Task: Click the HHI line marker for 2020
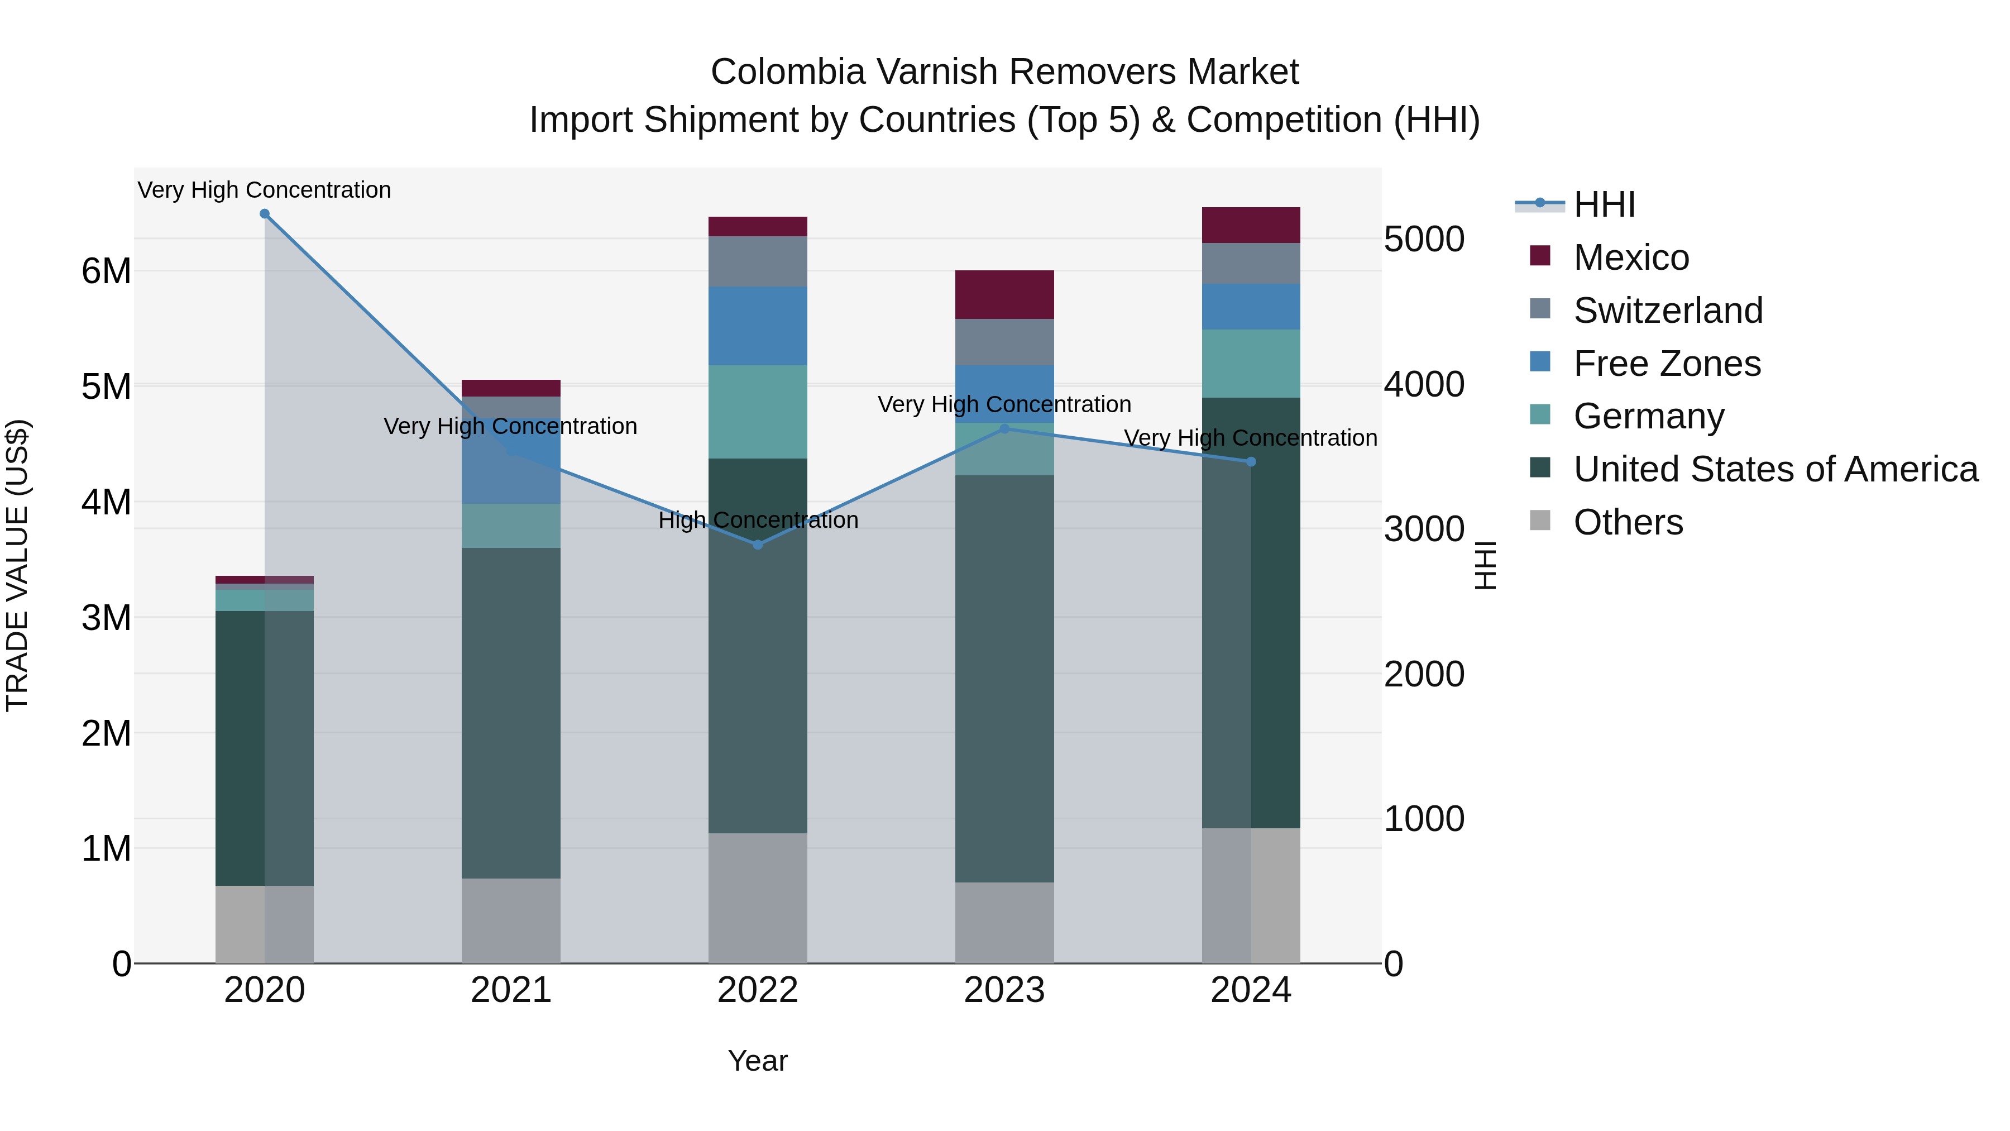pyautogui.click(x=265, y=214)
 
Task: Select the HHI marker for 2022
pyautogui.click(x=758, y=545)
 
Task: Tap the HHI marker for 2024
pyautogui.click(x=1251, y=462)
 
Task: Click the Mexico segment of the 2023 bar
pyautogui.click(x=1004, y=294)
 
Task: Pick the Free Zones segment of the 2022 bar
pyautogui.click(x=758, y=326)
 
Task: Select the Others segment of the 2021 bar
pyautogui.click(x=511, y=920)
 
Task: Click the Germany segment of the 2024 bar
pyautogui.click(x=1251, y=363)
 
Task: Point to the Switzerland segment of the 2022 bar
pyautogui.click(x=758, y=261)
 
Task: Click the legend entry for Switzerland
pyautogui.click(x=1667, y=311)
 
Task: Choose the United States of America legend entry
pyautogui.click(x=1775, y=469)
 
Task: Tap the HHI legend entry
pyautogui.click(x=1604, y=204)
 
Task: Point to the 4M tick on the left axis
pyautogui.click(x=106, y=502)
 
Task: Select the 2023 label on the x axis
pyautogui.click(x=1004, y=990)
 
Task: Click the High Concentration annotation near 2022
pyautogui.click(x=758, y=520)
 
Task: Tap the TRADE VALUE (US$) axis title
pyautogui.click(x=17, y=565)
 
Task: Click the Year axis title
pyautogui.click(x=758, y=1061)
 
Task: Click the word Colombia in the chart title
pyautogui.click(x=788, y=72)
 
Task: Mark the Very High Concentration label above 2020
pyautogui.click(x=265, y=190)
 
